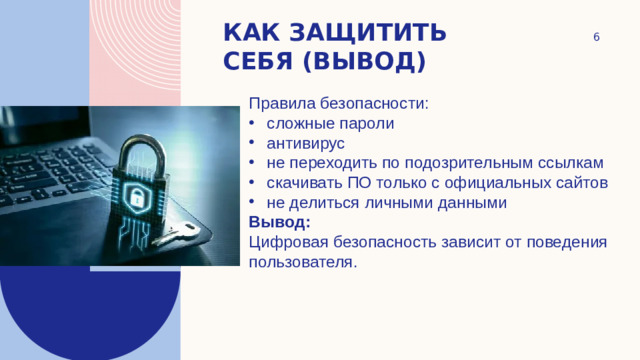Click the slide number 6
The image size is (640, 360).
coord(596,37)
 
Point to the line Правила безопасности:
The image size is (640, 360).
coord(338,104)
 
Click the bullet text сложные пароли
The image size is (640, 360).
coord(330,124)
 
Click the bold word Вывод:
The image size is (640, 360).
coord(280,221)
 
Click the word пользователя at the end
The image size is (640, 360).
coord(301,261)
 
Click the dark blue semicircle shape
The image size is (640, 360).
coord(90,310)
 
